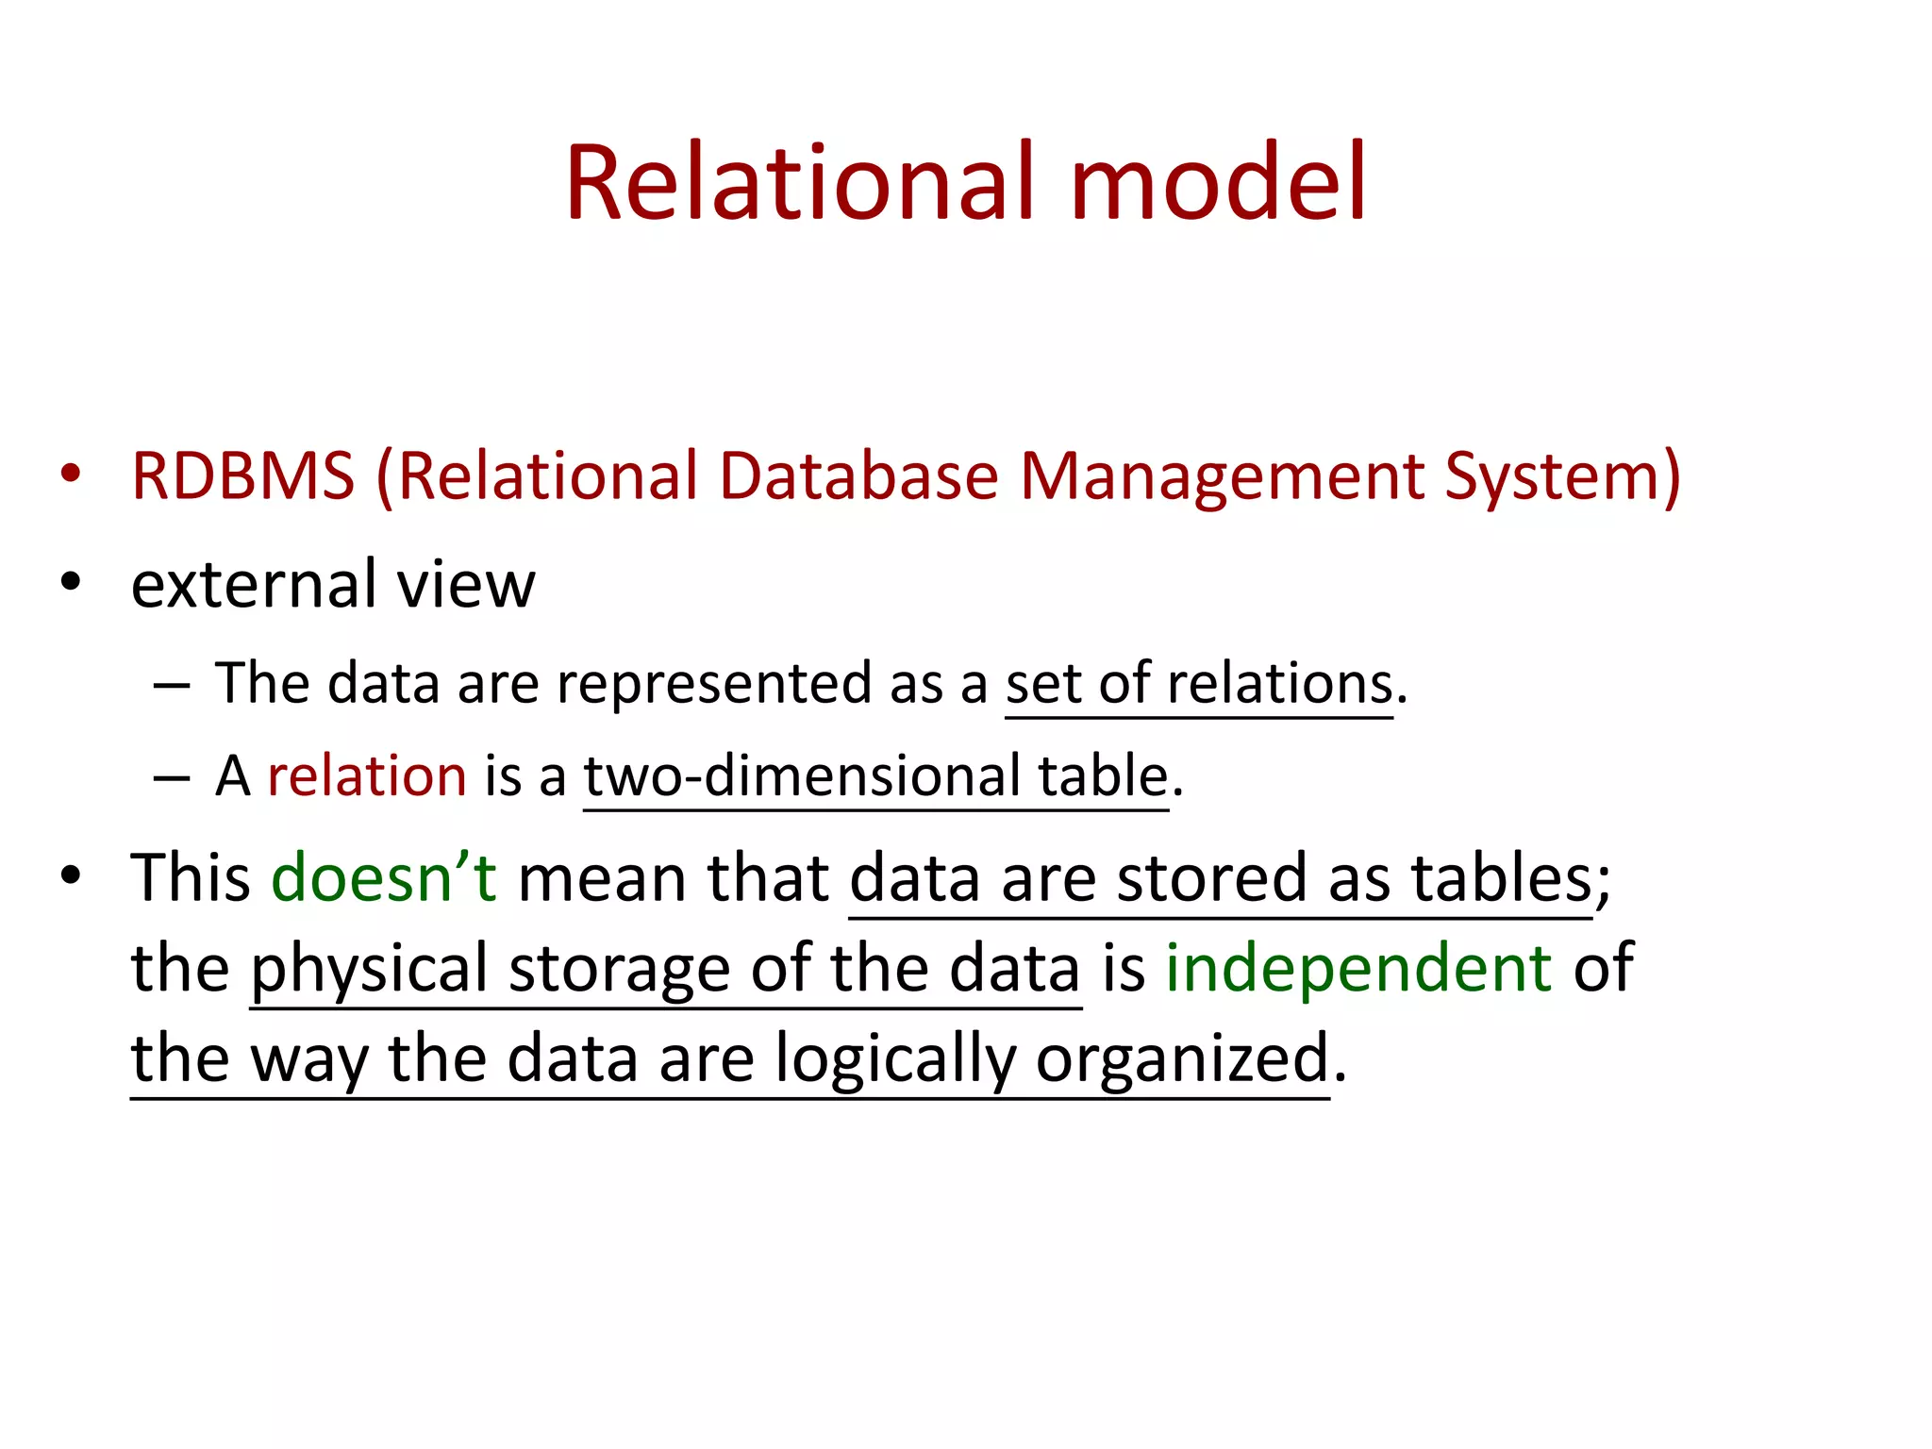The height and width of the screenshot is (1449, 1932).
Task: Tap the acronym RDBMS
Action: (x=242, y=475)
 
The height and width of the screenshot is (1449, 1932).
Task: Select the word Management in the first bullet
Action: (x=1222, y=477)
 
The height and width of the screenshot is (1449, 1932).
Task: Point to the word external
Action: (x=253, y=584)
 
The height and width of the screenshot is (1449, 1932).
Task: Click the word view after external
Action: (x=466, y=584)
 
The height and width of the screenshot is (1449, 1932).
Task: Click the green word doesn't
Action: (x=383, y=878)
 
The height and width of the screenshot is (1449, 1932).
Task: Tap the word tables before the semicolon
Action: (x=1501, y=878)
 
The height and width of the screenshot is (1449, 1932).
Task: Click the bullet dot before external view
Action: (x=71, y=582)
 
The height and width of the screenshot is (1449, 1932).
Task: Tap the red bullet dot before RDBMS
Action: (x=71, y=474)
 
